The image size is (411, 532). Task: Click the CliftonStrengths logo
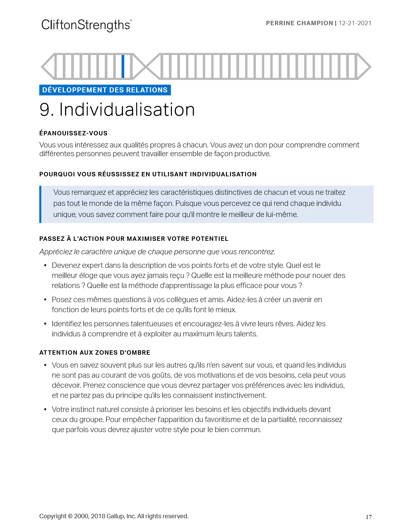click(86, 25)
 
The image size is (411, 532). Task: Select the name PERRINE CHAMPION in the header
click(299, 23)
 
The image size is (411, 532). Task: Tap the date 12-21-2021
click(355, 23)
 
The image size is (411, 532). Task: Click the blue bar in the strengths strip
click(123, 66)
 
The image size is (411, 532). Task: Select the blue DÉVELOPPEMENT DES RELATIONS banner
click(105, 90)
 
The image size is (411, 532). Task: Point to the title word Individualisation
click(127, 110)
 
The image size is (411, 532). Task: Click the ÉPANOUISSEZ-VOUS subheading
click(73, 133)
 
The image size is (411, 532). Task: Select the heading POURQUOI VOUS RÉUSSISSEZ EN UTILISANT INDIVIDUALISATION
click(148, 174)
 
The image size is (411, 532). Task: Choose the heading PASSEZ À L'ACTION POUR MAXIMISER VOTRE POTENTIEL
click(134, 239)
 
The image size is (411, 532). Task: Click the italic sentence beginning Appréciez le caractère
click(157, 252)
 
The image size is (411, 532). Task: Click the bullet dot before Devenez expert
click(45, 266)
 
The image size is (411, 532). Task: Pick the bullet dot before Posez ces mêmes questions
click(45, 300)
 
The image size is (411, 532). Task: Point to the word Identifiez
click(66, 324)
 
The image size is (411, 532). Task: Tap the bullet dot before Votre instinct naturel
click(45, 410)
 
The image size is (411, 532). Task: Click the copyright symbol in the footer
click(70, 516)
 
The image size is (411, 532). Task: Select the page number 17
click(368, 517)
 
